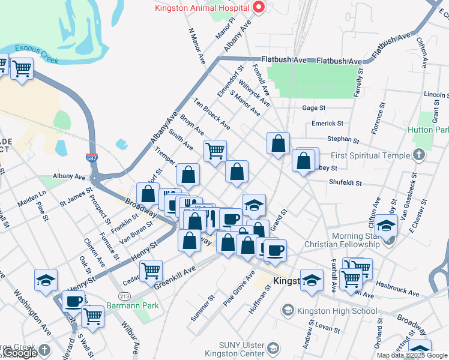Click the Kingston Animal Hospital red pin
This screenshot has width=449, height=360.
point(259,8)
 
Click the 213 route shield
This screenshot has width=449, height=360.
point(124,296)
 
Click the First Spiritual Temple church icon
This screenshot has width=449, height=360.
point(419,155)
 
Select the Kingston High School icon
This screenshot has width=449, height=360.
point(288,311)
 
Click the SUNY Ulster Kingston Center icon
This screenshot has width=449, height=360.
point(273,349)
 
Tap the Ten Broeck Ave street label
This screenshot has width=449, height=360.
point(212,113)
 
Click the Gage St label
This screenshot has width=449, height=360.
point(314,108)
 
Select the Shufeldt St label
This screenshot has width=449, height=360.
point(345,182)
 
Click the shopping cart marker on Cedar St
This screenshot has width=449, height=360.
point(151,271)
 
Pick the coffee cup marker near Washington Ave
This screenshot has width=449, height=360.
point(74,301)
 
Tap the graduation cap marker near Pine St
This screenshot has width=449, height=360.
point(46,280)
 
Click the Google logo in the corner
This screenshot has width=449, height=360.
point(20,353)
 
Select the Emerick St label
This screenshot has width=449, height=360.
point(327,124)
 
